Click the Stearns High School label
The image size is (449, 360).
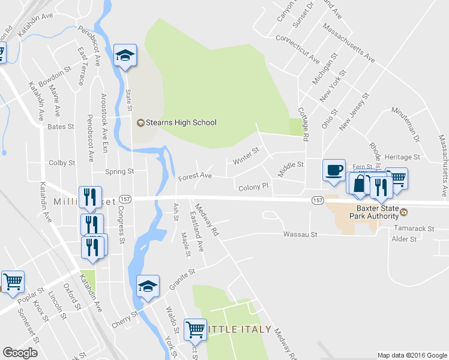click(x=176, y=122)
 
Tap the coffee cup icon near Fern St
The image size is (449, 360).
click(x=333, y=170)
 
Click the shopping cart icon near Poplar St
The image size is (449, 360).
click(x=13, y=281)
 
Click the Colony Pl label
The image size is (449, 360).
click(x=253, y=187)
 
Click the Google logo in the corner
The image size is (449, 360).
click(x=20, y=353)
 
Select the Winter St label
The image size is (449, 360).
click(x=246, y=157)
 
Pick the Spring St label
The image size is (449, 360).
click(x=119, y=172)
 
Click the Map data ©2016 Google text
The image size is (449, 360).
click(x=412, y=355)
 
